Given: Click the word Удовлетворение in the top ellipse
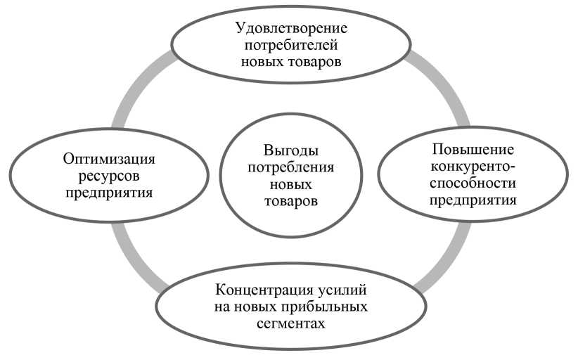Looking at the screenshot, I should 292,30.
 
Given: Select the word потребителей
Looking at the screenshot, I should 292,46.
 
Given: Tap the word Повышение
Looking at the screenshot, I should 473,150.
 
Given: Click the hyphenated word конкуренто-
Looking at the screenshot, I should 473,167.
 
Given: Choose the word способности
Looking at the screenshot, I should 473,183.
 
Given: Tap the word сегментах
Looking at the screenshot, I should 291,323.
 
